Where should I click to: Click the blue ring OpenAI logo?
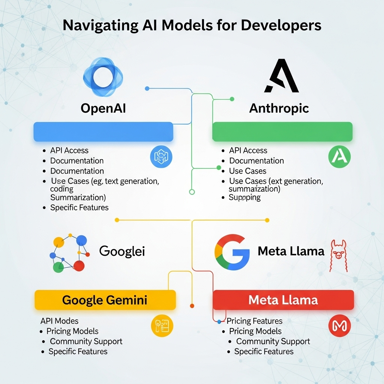pyautogui.click(x=102, y=76)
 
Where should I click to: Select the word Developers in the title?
pyautogui.click(x=281, y=25)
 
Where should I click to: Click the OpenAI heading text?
pyautogui.click(x=103, y=108)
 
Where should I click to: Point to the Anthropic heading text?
pyautogui.click(x=279, y=108)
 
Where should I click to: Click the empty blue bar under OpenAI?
pyautogui.click(x=103, y=132)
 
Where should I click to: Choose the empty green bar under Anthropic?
pyautogui.click(x=282, y=132)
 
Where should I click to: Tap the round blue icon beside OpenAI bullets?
pyautogui.click(x=161, y=157)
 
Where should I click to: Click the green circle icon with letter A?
pyautogui.click(x=339, y=157)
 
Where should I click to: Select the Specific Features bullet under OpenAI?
pyautogui.click(x=79, y=207)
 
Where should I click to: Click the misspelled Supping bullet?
pyautogui.click(x=244, y=197)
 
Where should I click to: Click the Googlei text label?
pyautogui.click(x=122, y=251)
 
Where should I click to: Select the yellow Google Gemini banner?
pyautogui.click(x=105, y=300)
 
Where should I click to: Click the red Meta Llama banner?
pyautogui.click(x=283, y=300)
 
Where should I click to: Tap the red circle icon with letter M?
pyautogui.click(x=339, y=325)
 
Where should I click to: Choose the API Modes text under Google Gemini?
pyautogui.click(x=59, y=321)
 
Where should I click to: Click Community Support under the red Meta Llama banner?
pyautogui.click(x=273, y=341)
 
